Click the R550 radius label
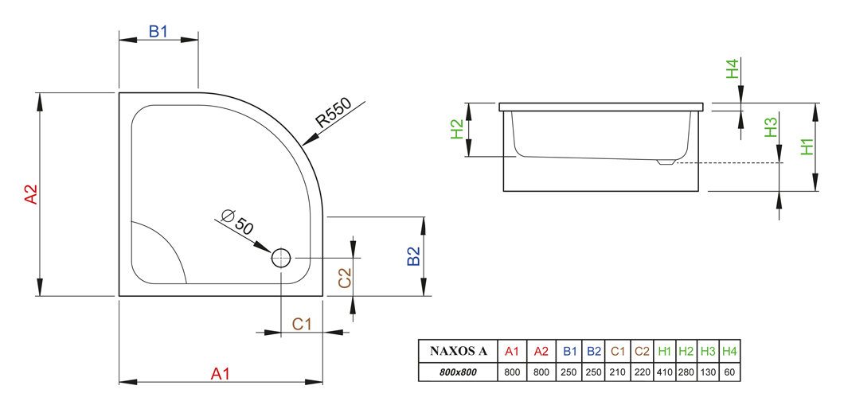pyautogui.click(x=334, y=113)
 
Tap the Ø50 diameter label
pyautogui.click(x=236, y=222)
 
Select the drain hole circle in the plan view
pyautogui.click(x=280, y=259)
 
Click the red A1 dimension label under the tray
pyautogui.click(x=220, y=373)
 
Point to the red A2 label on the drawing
pyautogui.click(x=32, y=194)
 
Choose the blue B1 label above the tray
pyautogui.click(x=158, y=32)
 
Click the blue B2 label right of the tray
pyautogui.click(x=413, y=256)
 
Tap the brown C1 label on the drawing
pyautogui.click(x=302, y=324)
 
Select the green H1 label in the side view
pyautogui.click(x=807, y=147)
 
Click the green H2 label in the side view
pyautogui.click(x=457, y=129)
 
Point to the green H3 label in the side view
pyautogui.click(x=772, y=127)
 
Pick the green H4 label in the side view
pyautogui.click(x=733, y=69)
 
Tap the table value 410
pyautogui.click(x=665, y=372)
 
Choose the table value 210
pyautogui.click(x=618, y=372)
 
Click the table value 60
pyautogui.click(x=729, y=372)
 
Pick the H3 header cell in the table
pyautogui.click(x=708, y=352)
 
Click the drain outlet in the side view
pyautogui.click(x=666, y=162)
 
